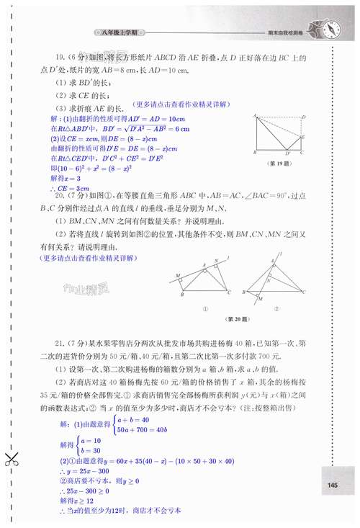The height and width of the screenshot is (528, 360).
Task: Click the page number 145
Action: (331, 485)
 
